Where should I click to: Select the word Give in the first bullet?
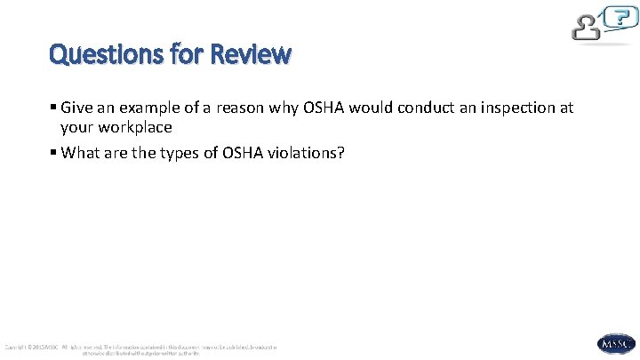point(76,108)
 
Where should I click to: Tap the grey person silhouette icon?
point(587,27)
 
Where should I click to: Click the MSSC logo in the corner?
point(616,342)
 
